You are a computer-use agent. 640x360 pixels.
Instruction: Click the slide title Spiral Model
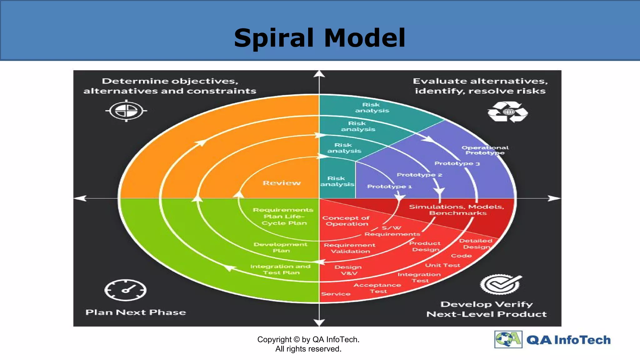[319, 38]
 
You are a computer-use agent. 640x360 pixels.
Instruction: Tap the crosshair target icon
[126, 111]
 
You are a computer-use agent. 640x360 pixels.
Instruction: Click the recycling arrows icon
[507, 112]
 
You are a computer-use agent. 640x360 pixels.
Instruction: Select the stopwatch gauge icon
[125, 290]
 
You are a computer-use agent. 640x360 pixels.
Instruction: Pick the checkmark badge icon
[500, 284]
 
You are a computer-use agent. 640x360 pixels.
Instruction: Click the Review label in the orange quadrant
[282, 183]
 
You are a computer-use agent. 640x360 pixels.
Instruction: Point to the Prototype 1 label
[389, 187]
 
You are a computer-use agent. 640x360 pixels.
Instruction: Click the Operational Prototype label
[485, 150]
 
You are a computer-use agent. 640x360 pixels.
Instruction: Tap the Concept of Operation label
[346, 221]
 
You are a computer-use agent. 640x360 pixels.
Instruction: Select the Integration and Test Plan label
[281, 269]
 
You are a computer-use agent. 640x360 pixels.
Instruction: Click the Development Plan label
[281, 247]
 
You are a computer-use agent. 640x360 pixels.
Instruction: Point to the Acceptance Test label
[377, 288]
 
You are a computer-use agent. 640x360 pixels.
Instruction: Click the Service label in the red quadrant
[336, 294]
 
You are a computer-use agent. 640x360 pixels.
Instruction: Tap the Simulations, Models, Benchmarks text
[457, 210]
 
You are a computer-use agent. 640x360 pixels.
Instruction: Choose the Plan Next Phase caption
[136, 312]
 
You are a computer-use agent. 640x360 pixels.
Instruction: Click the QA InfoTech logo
[552, 340]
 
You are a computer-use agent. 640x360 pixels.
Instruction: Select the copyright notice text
[308, 344]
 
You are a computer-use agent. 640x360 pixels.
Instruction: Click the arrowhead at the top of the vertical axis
[319, 74]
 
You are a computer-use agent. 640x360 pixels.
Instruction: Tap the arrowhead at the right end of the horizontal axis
[554, 198]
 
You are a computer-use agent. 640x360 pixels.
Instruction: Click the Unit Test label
[442, 265]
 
